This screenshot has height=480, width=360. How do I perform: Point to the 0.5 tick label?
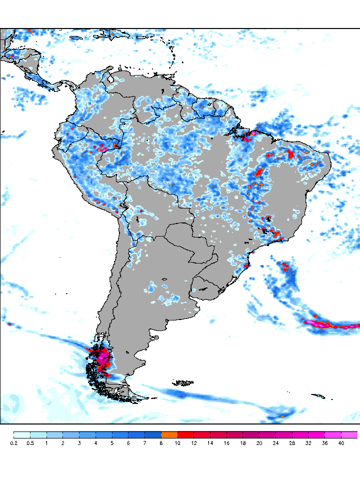30,443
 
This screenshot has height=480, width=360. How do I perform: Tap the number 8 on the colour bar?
161,443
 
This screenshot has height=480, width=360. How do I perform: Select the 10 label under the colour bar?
178,443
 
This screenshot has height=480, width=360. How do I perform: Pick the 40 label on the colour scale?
341,443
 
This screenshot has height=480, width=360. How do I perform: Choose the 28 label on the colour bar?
292,443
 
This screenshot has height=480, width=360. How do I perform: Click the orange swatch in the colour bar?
169,434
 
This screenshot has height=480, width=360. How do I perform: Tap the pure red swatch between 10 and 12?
186,434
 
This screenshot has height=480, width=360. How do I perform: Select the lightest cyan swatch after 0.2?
22,434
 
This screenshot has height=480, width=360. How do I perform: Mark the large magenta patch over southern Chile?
104,359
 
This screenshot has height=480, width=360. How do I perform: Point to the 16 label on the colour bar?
226,443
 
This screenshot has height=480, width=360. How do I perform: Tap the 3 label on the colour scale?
79,443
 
